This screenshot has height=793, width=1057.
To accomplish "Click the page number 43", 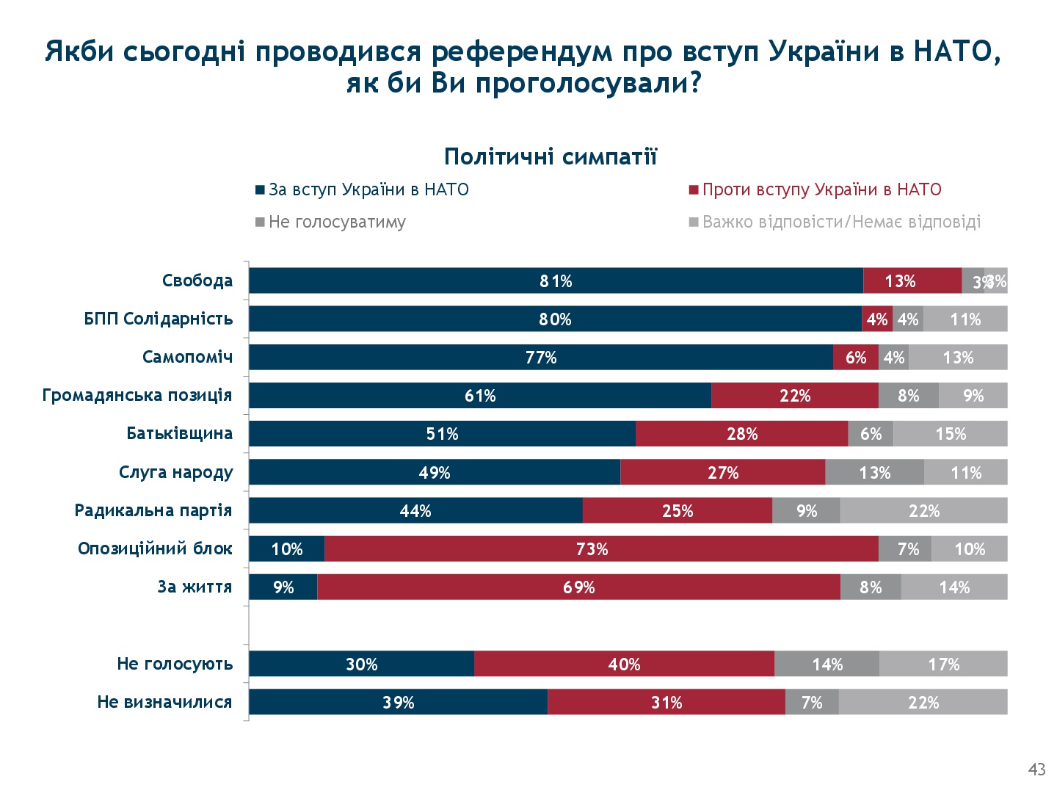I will [1036, 770].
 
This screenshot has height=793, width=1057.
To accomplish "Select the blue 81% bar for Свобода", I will [556, 280].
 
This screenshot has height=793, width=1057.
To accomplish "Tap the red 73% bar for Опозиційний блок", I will [600, 548].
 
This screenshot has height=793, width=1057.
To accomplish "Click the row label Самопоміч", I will [187, 357].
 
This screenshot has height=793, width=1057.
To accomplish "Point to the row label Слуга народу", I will [175, 472].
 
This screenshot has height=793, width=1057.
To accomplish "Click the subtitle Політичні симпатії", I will [551, 156].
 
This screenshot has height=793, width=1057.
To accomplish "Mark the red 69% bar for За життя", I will [578, 587].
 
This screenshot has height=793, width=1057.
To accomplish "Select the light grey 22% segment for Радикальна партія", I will [923, 510].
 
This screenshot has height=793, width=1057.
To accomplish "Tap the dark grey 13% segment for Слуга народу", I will [874, 472].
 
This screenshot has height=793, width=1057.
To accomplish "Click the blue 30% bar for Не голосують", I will [361, 664].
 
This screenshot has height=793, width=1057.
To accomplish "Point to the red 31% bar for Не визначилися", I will [666, 702].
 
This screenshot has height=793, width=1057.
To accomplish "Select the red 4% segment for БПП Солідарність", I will [877, 319].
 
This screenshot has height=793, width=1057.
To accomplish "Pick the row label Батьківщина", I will [179, 433].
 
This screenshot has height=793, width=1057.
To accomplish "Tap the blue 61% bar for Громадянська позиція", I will [480, 395].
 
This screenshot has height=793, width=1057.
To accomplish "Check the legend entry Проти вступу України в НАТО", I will [821, 189].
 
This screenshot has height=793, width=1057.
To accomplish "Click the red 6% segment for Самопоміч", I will [855, 357].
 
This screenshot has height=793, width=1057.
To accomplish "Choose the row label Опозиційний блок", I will [155, 548].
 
